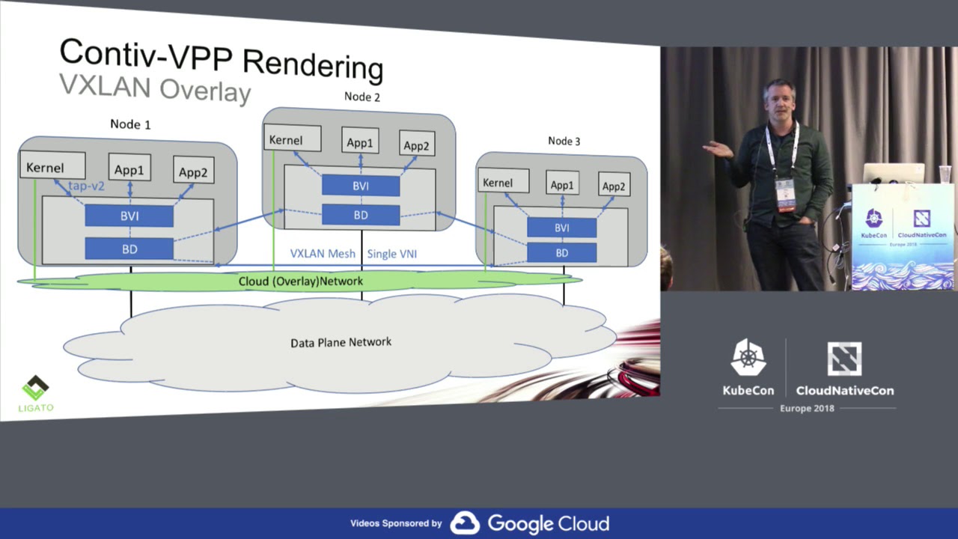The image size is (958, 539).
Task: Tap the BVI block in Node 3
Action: pos(561,228)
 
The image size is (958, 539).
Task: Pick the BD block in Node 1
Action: pos(129,249)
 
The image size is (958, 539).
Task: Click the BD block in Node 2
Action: pos(361,215)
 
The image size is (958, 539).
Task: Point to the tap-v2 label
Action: pos(86,186)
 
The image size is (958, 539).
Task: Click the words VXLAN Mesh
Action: pos(323,254)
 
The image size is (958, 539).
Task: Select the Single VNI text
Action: pos(391,254)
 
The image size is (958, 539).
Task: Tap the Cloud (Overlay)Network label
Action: pos(300,281)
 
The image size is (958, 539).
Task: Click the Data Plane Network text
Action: pos(341,342)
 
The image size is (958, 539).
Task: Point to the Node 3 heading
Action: pos(564,141)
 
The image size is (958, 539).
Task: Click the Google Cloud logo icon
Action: pos(464,523)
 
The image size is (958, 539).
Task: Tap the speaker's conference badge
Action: pos(784,194)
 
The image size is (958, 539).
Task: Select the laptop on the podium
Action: pos(893,173)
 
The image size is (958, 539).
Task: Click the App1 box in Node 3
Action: pos(561,184)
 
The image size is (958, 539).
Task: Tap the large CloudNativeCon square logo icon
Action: pos(843,359)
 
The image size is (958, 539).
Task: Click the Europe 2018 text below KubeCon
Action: pos(807,408)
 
